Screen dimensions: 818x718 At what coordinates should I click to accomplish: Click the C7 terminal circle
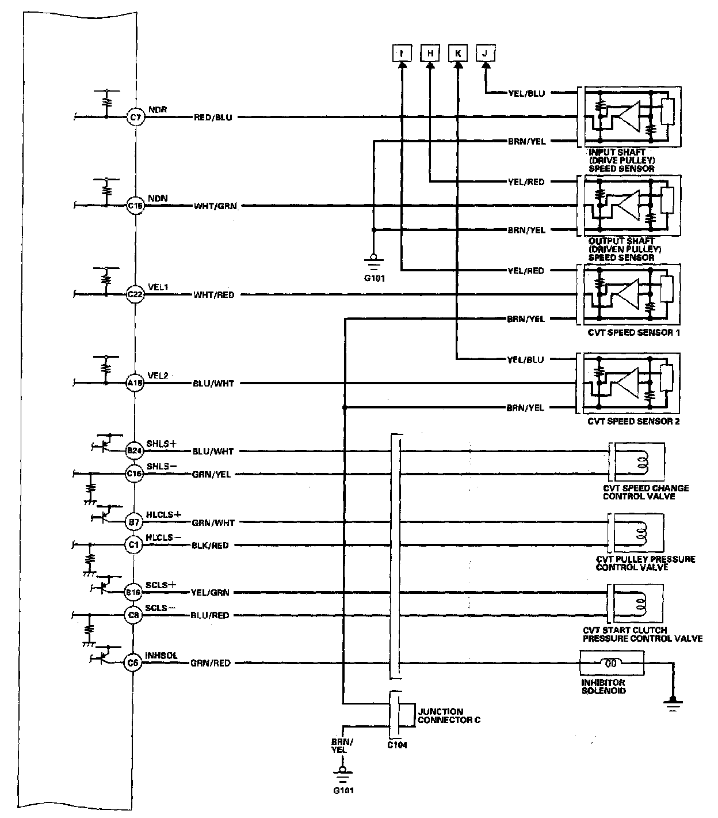coord(135,118)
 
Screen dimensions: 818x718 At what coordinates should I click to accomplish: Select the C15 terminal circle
coord(135,206)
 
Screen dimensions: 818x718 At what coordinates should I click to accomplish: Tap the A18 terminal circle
coord(135,383)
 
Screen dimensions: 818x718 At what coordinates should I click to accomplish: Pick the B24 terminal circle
coord(134,451)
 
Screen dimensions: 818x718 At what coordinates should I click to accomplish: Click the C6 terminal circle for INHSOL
coord(133,663)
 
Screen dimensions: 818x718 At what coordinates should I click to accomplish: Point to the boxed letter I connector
coord(402,54)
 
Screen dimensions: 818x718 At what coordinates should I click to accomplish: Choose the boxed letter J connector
coord(486,54)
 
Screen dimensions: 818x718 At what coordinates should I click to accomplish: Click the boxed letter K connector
coord(457,54)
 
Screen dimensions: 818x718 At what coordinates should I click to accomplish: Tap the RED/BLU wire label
coord(213,118)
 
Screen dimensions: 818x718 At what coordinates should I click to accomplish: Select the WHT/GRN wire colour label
coord(215,206)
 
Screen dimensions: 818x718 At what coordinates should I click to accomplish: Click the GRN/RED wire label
coord(211,663)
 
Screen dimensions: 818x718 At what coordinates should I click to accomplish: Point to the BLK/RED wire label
coord(210,546)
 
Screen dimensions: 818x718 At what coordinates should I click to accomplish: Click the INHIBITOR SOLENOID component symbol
coord(612,663)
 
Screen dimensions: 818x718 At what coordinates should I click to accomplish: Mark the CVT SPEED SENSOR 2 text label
coord(633,422)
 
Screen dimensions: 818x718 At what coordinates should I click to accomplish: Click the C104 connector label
coord(397,745)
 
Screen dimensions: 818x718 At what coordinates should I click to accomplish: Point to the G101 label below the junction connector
coord(343,790)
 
